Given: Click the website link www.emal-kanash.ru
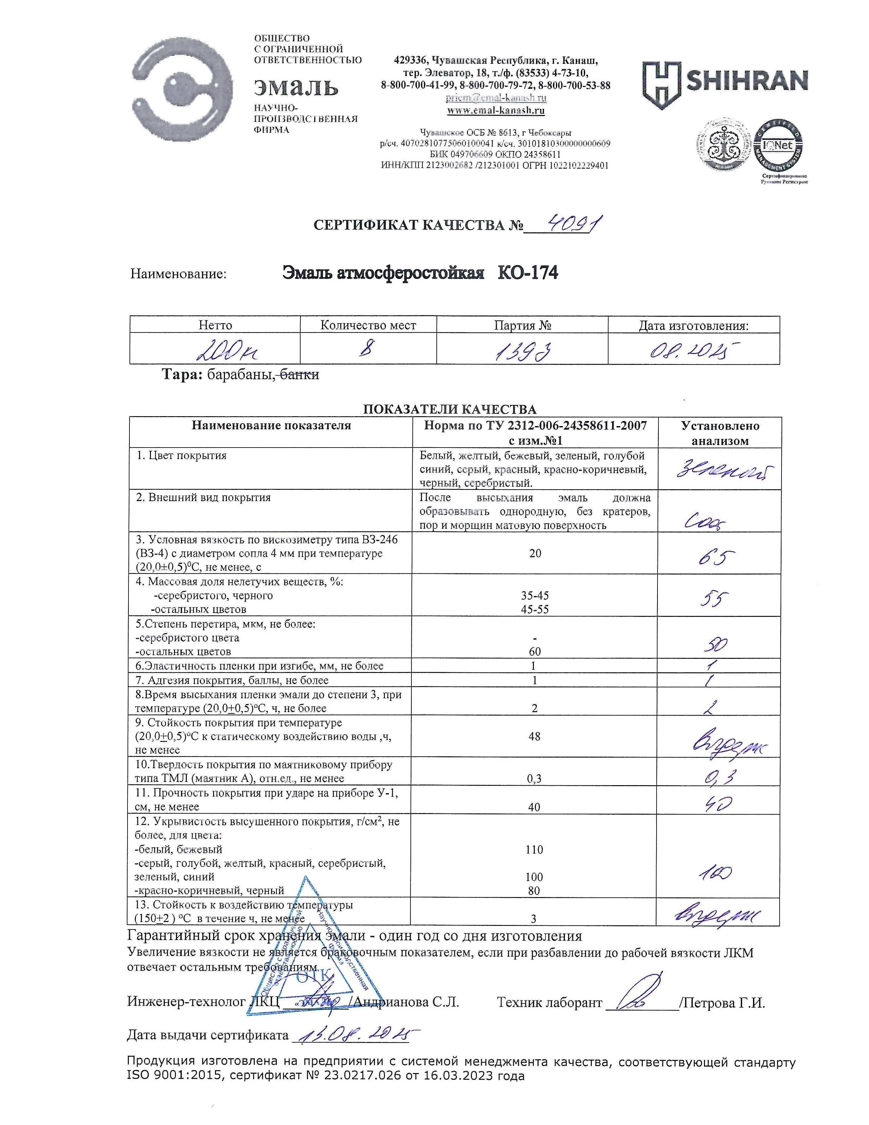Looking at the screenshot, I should pos(496,110).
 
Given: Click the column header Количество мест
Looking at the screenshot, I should pos(368,325).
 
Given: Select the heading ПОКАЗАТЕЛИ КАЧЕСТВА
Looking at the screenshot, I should pos(450,409).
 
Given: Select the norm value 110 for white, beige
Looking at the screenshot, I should pos(534,849).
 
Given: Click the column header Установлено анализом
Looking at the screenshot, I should pos(720,433).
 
